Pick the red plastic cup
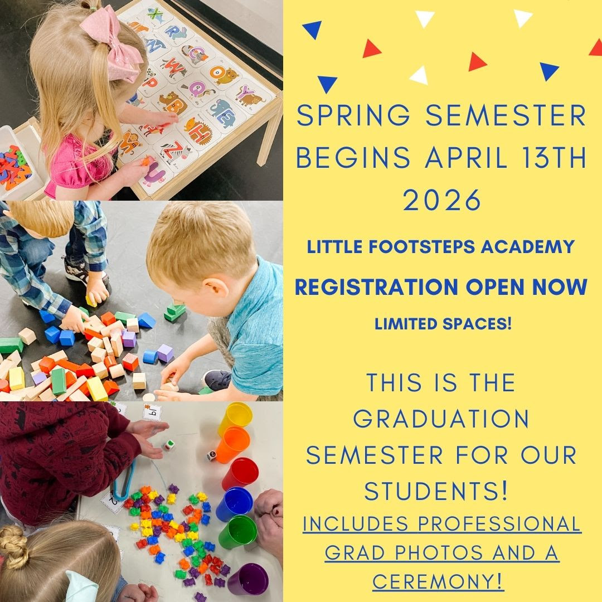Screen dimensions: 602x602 [x=240, y=473]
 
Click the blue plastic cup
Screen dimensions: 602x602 [x=235, y=503]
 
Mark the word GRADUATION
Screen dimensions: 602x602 [x=442, y=419]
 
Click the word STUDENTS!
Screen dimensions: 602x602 [x=436, y=491]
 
